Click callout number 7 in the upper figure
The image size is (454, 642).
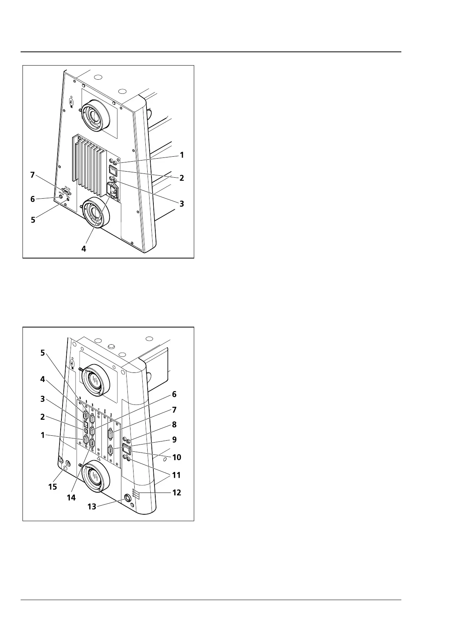pos(32,175)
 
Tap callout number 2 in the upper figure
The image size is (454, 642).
pos(182,178)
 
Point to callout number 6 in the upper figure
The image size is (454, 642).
pos(32,199)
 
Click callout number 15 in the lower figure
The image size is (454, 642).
pos(52,486)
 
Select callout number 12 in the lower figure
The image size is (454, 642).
pos(176,493)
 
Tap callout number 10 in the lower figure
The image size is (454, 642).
pos(177,457)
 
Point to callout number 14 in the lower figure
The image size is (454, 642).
pos(71,497)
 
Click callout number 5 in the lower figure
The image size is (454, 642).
pos(43,353)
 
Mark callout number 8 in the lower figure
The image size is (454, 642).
pos(174,424)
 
